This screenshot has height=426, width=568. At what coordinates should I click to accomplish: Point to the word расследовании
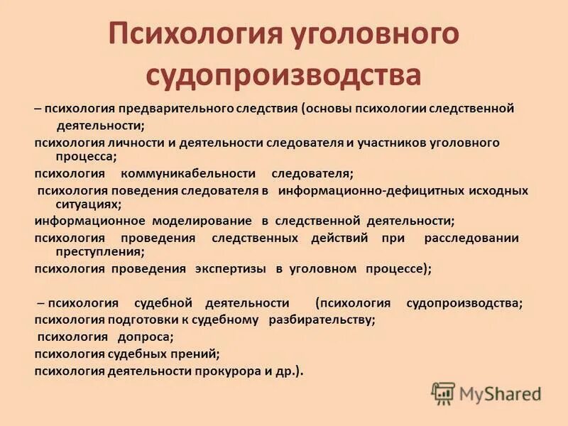[x=471, y=238]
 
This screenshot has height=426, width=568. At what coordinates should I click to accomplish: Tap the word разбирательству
[x=322, y=319]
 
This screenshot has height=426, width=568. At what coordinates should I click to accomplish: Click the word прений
[x=194, y=353]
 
